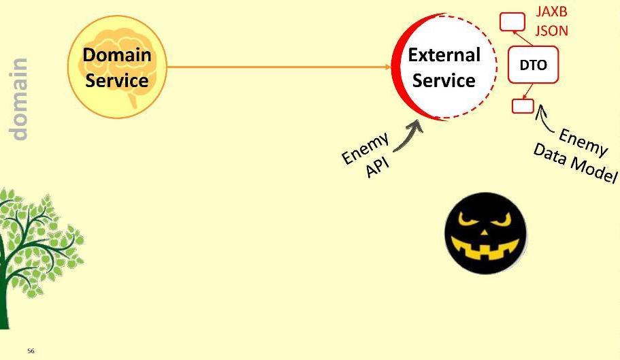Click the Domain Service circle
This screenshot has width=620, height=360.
tap(117, 67)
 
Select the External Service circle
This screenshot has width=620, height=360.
tap(444, 67)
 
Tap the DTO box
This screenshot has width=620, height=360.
tap(533, 65)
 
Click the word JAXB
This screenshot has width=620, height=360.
tap(551, 12)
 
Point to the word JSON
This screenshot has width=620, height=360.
tap(551, 30)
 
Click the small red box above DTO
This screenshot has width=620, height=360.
tap(512, 22)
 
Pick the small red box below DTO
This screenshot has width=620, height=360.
tap(523, 105)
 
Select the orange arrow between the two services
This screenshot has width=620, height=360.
tap(279, 67)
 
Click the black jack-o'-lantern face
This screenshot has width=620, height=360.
tap(485, 233)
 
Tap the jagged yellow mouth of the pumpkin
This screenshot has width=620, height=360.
tap(485, 254)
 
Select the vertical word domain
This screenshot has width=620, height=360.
tap(20, 99)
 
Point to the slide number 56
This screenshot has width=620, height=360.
tap(31, 351)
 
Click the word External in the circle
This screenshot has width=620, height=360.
tap(444, 55)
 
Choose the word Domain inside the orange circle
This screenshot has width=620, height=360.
tap(117, 55)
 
